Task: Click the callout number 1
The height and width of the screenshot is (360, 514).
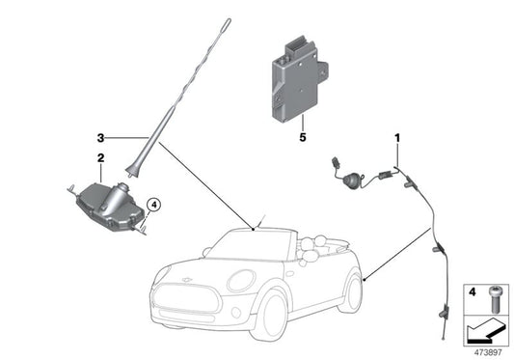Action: (397, 140)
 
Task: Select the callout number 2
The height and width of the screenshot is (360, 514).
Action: (98, 156)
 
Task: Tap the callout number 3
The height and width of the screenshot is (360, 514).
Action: (98, 137)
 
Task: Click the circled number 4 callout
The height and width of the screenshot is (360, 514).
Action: (155, 204)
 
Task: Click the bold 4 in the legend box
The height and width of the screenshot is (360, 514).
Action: (472, 289)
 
